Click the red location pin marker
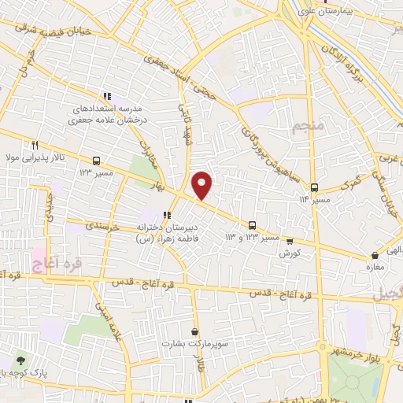click(x=202, y=185)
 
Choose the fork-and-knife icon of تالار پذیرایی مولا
click(x=35, y=145)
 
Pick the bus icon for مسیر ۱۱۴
click(x=315, y=187)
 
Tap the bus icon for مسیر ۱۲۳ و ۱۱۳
click(x=253, y=224)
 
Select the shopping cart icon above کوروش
click(x=290, y=242)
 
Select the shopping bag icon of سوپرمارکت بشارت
click(x=194, y=331)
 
